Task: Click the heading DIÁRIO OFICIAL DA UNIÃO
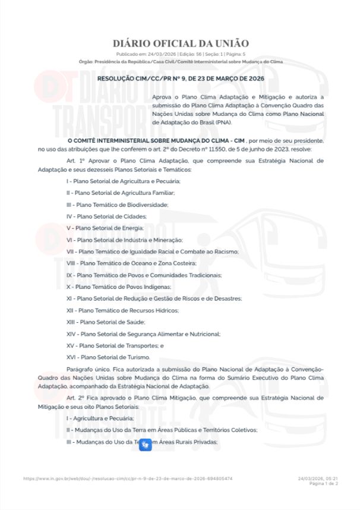coord(181,43)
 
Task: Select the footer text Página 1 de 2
coord(324,483)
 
